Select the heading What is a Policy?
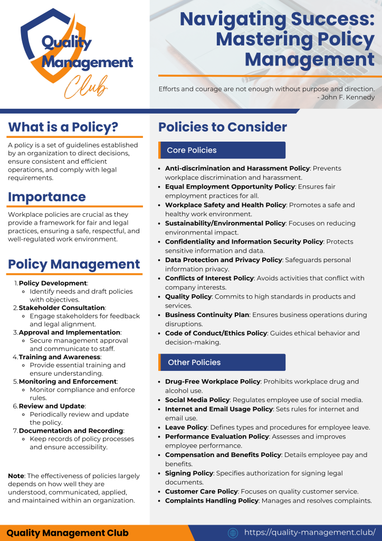pos(63,127)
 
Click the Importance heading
pos(46,197)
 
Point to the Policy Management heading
pos(74,264)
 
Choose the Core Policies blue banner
pos(222,150)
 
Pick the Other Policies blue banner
pos(222,362)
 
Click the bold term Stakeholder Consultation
pos(62,307)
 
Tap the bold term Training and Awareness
pos(59,357)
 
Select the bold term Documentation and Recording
pos(71,431)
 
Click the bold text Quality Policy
pos(188,296)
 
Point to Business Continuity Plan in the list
pos(207,315)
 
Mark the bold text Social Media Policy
pos(197,400)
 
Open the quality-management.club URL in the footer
pos(310,532)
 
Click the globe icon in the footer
pos(233,533)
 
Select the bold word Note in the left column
pos(16,476)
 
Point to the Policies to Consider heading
pos(223,127)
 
